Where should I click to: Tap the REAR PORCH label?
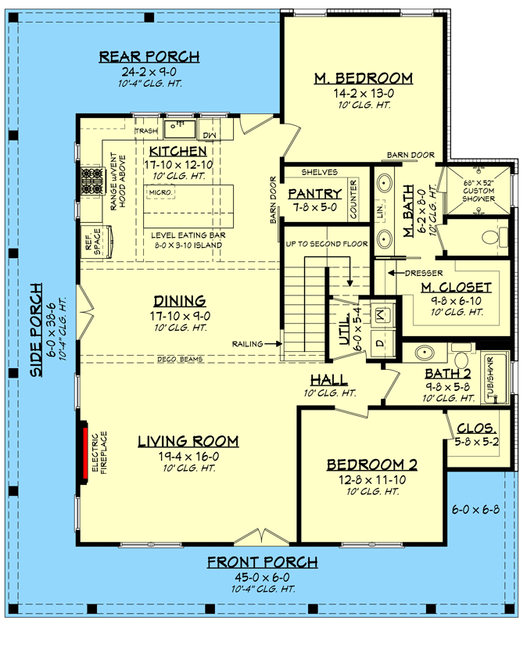click(x=149, y=56)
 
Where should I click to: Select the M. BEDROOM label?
click(x=363, y=78)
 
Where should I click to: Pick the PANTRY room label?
click(x=315, y=194)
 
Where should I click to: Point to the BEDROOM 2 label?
click(x=371, y=464)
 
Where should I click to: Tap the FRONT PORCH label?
click(x=262, y=562)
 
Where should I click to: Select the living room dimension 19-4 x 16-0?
click(x=188, y=456)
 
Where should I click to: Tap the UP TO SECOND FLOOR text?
click(x=327, y=244)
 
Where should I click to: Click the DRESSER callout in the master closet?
click(x=425, y=273)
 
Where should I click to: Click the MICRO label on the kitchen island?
click(x=160, y=192)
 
